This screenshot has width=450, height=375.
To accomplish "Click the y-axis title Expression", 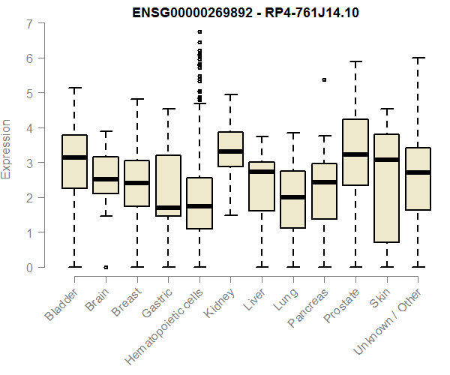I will (7, 148).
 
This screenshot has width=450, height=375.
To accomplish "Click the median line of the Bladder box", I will (74, 157).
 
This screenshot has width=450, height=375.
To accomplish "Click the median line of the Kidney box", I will (231, 151).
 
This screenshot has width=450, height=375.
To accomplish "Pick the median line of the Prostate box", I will (355, 154).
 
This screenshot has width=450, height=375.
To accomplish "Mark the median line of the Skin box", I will (386, 160).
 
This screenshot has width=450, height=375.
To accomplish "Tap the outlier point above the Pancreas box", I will (324, 79).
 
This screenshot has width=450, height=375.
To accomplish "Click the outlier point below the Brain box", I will (106, 267).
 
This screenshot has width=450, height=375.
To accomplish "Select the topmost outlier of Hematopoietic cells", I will (199, 32).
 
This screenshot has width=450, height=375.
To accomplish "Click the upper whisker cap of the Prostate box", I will (355, 61).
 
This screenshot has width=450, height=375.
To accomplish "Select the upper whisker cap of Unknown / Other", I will (418, 58).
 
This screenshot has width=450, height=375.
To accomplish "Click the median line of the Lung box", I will (293, 197).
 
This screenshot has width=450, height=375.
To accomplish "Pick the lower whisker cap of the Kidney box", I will (231, 215).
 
